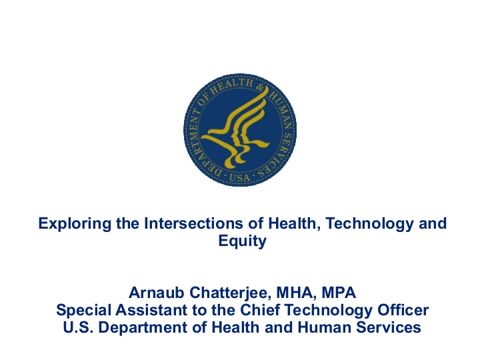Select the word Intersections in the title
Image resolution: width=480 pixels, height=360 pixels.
click(193, 223)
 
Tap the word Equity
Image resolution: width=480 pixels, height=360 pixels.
click(243, 241)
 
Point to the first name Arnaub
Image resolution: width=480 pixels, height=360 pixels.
click(157, 293)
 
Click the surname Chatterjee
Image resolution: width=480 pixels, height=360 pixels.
click(230, 293)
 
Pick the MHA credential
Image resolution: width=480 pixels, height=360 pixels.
click(296, 293)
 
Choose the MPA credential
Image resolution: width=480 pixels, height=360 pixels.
click(339, 293)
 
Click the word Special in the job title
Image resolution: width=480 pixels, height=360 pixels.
click(83, 311)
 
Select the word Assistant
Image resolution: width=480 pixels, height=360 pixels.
click(151, 310)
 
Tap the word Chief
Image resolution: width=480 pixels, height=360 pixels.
click(260, 310)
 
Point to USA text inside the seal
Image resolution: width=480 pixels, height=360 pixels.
click(239, 177)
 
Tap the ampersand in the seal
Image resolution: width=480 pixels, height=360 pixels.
click(260, 88)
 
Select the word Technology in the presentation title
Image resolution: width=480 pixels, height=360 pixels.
click(369, 224)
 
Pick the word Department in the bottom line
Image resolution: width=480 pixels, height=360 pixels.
click(143, 328)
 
